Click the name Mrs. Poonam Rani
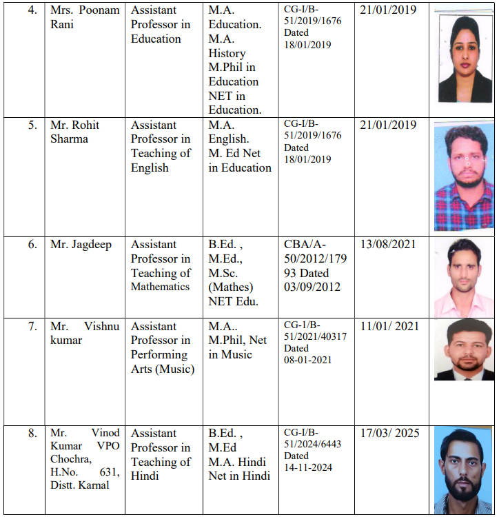[85, 17]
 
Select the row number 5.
[32, 125]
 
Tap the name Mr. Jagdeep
[81, 244]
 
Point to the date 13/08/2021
[388, 244]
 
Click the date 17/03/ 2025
[389, 434]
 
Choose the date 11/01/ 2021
[389, 327]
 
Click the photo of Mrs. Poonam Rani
[465, 59]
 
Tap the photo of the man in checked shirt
[464, 176]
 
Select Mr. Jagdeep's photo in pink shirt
[464, 278]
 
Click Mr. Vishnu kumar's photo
[464, 350]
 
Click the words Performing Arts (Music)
[163, 362]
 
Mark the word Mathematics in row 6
[160, 287]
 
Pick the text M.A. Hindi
[238, 462]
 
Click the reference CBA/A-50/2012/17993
[315, 258]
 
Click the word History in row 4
[227, 53]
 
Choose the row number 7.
[32, 327]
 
